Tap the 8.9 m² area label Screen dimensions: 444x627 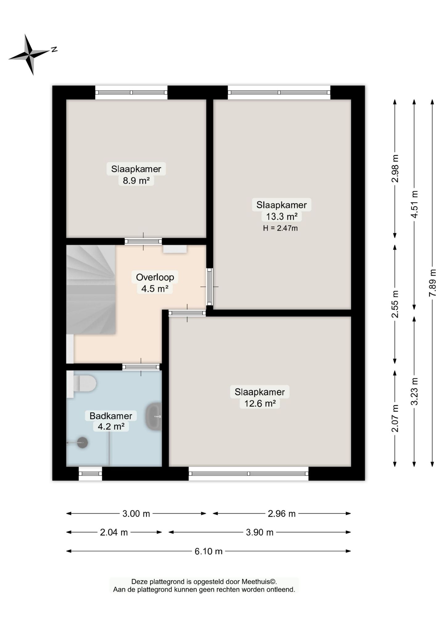[136, 180]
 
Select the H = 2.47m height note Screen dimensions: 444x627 [280, 228]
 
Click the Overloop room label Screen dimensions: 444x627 [155, 277]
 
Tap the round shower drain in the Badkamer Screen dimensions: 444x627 [82, 443]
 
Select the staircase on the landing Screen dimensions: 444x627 [91, 289]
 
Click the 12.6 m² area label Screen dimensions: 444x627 [260, 403]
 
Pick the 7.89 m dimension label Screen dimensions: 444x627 [433, 283]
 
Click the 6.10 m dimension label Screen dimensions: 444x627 [208, 551]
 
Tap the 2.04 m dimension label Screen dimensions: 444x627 [114, 532]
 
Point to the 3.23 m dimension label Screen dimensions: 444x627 [414, 391]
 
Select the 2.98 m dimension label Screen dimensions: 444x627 [395, 168]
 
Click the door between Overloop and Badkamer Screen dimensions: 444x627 [141, 367]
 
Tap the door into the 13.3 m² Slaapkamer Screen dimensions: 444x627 [210, 287]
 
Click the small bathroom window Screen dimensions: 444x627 [90, 474]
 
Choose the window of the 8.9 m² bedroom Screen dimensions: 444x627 [131, 92]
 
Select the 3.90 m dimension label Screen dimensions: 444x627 [260, 532]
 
